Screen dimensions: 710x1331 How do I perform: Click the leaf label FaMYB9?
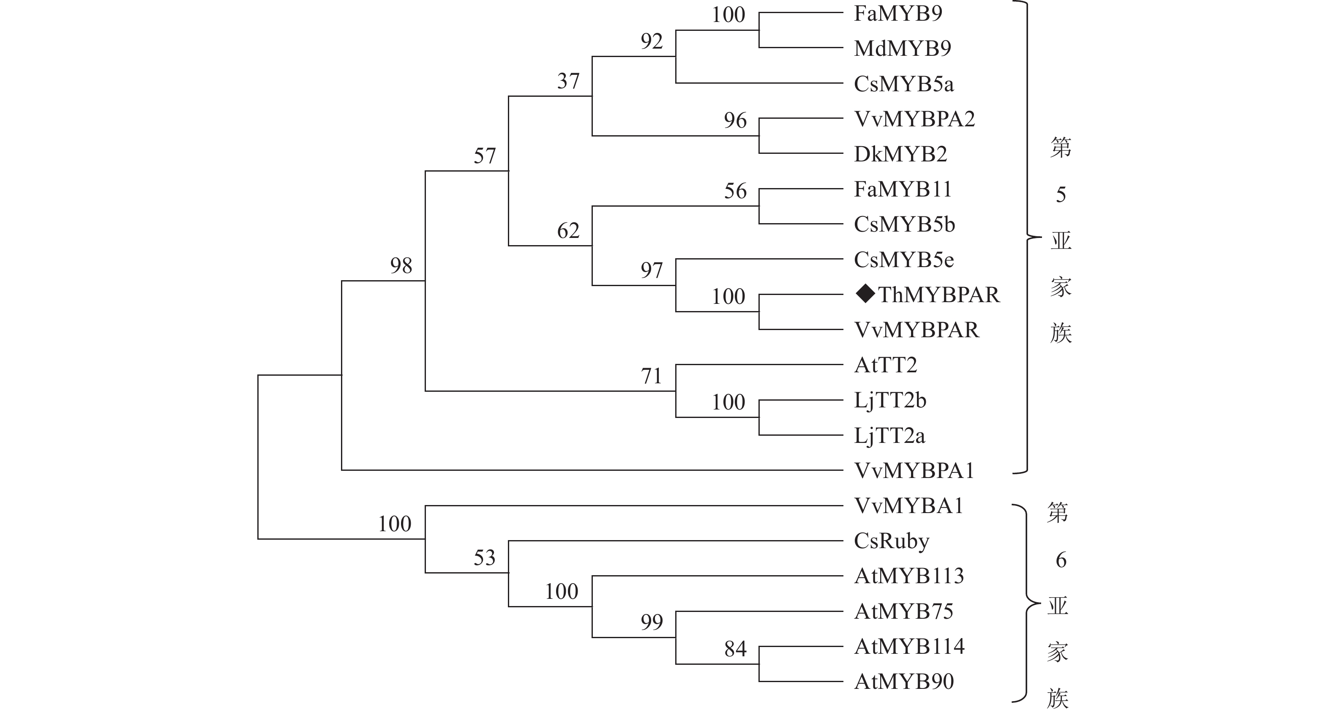(x=898, y=14)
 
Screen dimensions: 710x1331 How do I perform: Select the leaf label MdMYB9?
(x=902, y=49)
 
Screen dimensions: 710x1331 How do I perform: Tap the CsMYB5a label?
(x=904, y=84)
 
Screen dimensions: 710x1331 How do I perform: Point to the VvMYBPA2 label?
(x=914, y=119)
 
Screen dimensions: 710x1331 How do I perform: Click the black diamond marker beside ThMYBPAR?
(x=865, y=294)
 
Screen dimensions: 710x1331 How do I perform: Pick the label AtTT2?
(x=886, y=365)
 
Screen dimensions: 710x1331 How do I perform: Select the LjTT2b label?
(x=890, y=401)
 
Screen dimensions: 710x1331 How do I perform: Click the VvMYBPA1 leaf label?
(x=914, y=471)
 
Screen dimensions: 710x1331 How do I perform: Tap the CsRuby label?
(x=891, y=541)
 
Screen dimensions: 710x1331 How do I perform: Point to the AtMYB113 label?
(x=909, y=576)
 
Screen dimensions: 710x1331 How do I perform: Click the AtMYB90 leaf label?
(x=904, y=682)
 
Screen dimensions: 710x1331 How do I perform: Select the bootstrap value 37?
(x=568, y=81)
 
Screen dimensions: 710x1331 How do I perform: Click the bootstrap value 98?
(x=401, y=266)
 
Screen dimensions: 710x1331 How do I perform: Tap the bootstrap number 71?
(x=652, y=376)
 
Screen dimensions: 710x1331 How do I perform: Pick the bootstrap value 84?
(x=735, y=649)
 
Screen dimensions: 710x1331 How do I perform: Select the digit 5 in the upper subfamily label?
(x=1061, y=195)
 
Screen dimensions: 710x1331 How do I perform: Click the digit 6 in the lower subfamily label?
(x=1061, y=560)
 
